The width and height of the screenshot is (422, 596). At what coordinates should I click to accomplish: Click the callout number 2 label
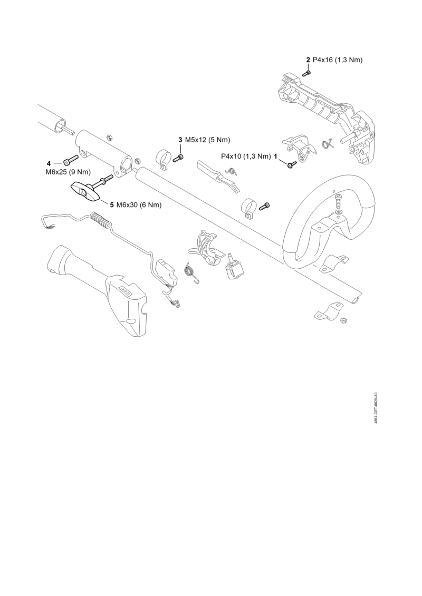pyautogui.click(x=308, y=60)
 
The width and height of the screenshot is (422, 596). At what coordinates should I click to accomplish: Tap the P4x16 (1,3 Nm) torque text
pyautogui.click(x=338, y=60)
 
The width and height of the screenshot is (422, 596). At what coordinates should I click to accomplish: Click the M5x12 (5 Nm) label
pyautogui.click(x=207, y=140)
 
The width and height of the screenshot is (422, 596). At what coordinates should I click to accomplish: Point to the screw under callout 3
pyautogui.click(x=178, y=158)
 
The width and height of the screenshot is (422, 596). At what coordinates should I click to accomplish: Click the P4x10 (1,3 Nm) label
pyautogui.click(x=246, y=156)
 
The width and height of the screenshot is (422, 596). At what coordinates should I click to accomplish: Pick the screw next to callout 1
pyautogui.click(x=291, y=164)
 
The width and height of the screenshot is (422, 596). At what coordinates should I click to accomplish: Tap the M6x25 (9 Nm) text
pyautogui.click(x=68, y=172)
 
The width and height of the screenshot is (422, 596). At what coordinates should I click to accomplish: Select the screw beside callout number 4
pyautogui.click(x=71, y=161)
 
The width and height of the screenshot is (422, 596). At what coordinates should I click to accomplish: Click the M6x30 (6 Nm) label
pyautogui.click(x=139, y=205)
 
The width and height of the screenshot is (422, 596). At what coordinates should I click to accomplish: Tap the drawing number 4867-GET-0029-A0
pyautogui.click(x=376, y=408)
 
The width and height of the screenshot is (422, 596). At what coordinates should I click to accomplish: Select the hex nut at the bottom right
pyautogui.click(x=342, y=320)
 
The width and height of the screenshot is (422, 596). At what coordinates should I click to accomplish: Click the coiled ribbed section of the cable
pyautogui.click(x=101, y=220)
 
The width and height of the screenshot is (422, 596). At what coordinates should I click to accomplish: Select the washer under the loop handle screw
pyautogui.click(x=339, y=211)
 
